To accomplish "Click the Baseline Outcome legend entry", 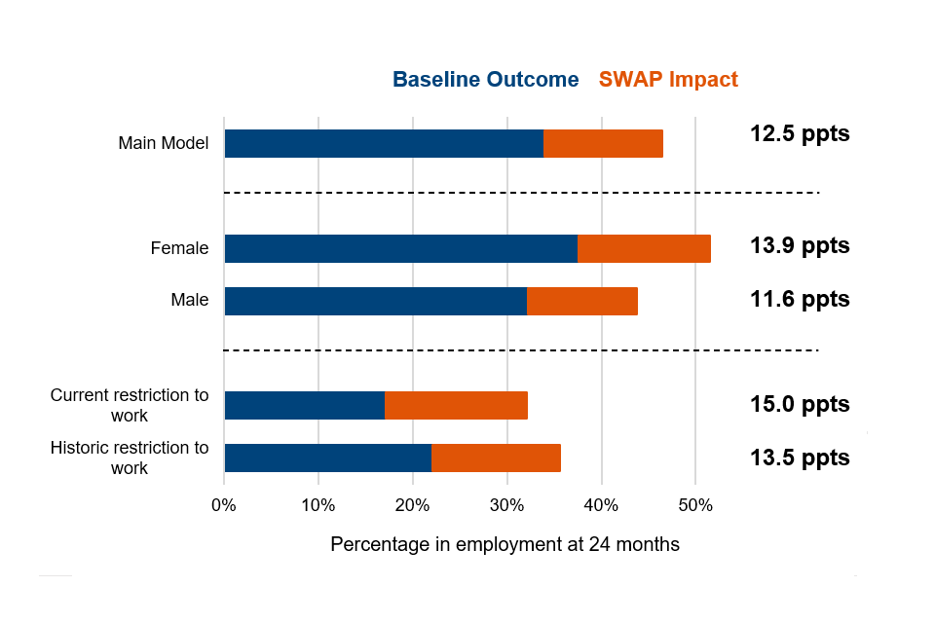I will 485,80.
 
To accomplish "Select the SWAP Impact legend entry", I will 668,80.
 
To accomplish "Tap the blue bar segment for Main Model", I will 384,143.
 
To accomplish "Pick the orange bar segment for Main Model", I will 603,143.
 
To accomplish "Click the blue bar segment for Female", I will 400,248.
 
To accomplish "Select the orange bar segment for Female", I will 644,248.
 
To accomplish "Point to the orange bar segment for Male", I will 582,301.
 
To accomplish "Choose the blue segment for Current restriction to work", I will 304,405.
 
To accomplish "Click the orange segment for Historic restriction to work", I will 496,458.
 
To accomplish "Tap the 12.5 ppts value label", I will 800,134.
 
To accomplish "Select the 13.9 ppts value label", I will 800,246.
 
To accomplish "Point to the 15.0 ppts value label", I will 800,404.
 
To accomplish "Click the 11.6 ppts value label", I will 800,299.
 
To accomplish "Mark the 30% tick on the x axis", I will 506,505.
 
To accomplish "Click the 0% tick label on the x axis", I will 224,505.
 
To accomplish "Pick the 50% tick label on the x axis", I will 694,505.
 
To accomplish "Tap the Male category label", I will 189,300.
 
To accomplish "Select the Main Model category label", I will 164,143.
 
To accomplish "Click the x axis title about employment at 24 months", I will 505,544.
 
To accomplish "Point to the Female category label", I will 179,248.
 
